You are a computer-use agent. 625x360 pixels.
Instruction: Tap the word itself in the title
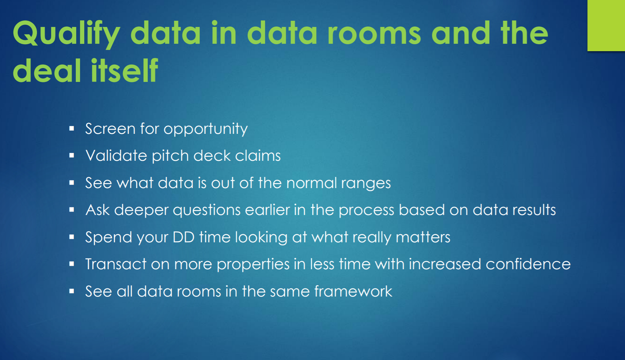point(125,70)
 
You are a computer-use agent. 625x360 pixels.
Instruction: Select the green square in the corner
point(606,25)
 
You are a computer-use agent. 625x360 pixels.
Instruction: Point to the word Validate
point(116,155)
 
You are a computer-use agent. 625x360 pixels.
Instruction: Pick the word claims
point(258,155)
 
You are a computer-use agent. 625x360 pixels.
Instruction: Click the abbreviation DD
point(183,237)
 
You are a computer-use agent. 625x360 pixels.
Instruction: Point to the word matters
point(423,237)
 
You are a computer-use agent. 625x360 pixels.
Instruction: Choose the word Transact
point(116,264)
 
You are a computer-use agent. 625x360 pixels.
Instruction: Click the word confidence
point(528,264)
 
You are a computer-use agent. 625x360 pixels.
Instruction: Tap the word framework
point(353,291)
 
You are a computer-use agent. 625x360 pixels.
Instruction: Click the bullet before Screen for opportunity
point(72,128)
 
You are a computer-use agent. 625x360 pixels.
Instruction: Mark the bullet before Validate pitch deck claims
point(72,155)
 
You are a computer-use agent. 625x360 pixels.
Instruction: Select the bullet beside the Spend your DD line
point(72,237)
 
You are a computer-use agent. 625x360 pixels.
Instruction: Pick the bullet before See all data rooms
point(72,292)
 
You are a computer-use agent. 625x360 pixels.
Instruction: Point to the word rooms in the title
point(374,33)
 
